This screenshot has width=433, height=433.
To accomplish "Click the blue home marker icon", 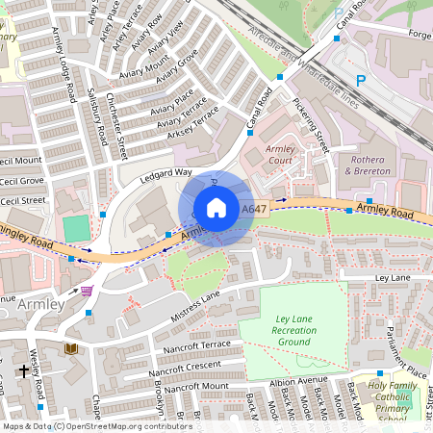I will coord(216,207).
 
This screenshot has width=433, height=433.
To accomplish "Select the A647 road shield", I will coord(254,209).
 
